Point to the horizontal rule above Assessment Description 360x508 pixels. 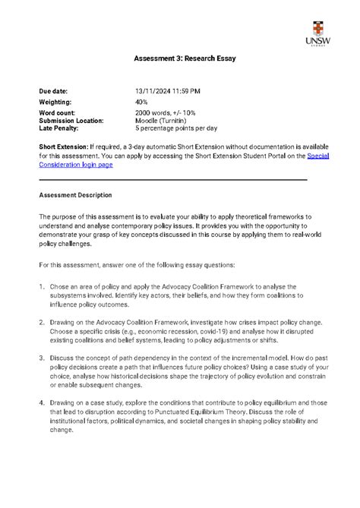[173, 179]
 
